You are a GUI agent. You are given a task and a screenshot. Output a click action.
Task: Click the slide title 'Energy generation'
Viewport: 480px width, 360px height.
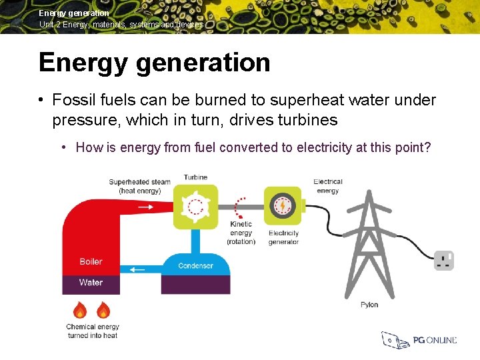pyautogui.click(x=155, y=63)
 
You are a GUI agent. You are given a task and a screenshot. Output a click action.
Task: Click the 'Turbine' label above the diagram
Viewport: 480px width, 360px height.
pyautogui.click(x=195, y=177)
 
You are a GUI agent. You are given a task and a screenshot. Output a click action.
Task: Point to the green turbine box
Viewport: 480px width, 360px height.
pyautogui.click(x=195, y=207)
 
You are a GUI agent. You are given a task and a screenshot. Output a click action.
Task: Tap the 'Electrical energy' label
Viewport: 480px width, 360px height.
pyautogui.click(x=327, y=186)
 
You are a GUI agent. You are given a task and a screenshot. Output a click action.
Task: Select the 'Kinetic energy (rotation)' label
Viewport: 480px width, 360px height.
pyautogui.click(x=241, y=233)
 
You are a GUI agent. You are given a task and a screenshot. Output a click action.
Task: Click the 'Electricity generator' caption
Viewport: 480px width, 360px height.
pyautogui.click(x=284, y=237)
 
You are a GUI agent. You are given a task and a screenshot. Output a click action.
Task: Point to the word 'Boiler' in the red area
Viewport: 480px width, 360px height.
pyautogui.click(x=91, y=261)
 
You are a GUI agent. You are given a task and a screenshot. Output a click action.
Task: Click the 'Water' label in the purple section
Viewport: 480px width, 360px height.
pyautogui.click(x=91, y=283)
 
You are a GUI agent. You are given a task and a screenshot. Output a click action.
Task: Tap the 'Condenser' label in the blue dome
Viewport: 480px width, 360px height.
pyautogui.click(x=195, y=266)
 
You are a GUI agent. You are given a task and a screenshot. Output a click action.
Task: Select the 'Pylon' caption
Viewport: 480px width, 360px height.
pyautogui.click(x=369, y=305)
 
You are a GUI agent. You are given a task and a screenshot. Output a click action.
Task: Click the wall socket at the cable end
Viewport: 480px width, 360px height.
pyautogui.click(x=444, y=261)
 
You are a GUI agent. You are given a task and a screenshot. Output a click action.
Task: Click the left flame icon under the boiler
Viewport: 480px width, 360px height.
pyautogui.click(x=80, y=310)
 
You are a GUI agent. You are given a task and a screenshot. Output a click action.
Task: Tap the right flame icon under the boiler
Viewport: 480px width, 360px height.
pyautogui.click(x=103, y=310)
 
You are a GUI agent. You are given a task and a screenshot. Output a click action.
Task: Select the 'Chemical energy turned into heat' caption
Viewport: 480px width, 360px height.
pyautogui.click(x=92, y=331)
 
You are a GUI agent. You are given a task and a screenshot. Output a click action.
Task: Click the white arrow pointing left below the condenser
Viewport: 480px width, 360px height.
pyautogui.click(x=137, y=270)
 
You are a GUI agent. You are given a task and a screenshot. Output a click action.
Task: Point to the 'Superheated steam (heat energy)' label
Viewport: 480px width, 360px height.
pyautogui.click(x=139, y=186)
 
